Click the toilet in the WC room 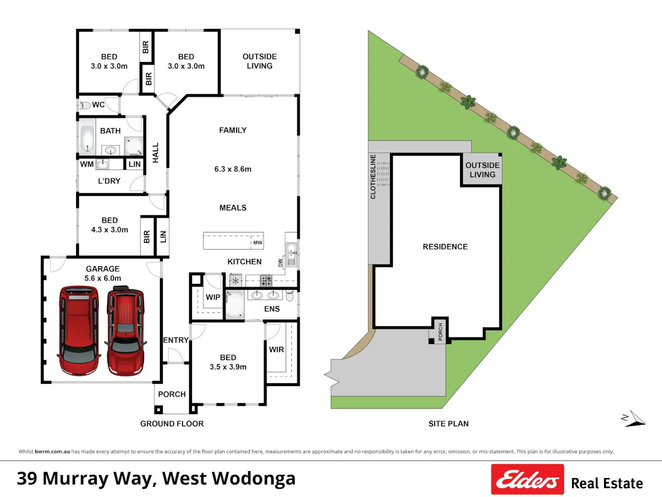pos(85,105)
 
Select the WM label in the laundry pos(87,164)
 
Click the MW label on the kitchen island pos(258,242)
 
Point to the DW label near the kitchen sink pos(280,263)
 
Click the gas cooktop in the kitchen pos(266,281)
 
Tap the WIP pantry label pos(213,297)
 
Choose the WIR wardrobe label pos(276,350)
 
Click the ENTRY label pos(176,340)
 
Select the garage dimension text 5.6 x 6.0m pos(103,278)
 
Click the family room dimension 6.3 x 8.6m pos(233,169)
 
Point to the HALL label pos(156,153)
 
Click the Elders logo pos(527,479)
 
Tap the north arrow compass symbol pos(634,419)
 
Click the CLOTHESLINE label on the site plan pos(373,177)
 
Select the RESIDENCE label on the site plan pos(445,247)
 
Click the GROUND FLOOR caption pos(172,424)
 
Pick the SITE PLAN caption pos(449,424)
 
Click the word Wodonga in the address pos(253,479)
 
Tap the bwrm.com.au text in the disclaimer pos(52,451)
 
